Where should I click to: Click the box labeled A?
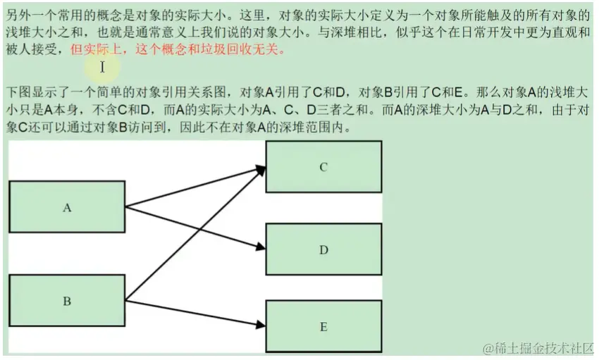(x=67, y=206)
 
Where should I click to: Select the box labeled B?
(x=67, y=301)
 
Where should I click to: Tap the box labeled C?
(x=323, y=167)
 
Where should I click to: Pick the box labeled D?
(x=323, y=249)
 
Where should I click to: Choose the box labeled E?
(x=323, y=326)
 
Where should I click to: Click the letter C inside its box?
(x=323, y=167)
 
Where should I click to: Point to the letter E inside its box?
(x=323, y=327)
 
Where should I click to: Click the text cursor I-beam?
(x=102, y=67)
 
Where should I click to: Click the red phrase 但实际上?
(x=92, y=51)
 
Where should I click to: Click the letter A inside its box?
(x=67, y=208)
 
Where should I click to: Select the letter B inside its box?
(x=67, y=302)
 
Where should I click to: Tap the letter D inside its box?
(x=323, y=250)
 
